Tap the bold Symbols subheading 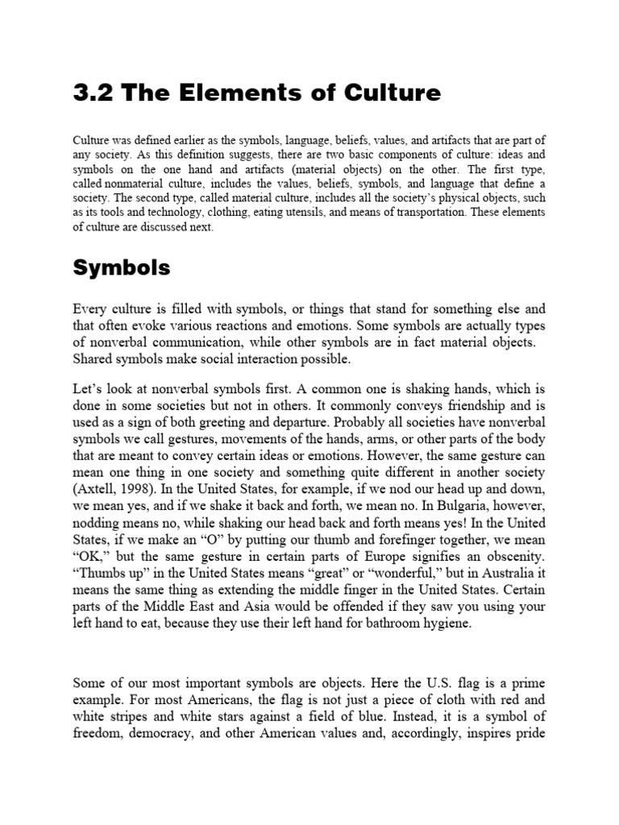point(122,268)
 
